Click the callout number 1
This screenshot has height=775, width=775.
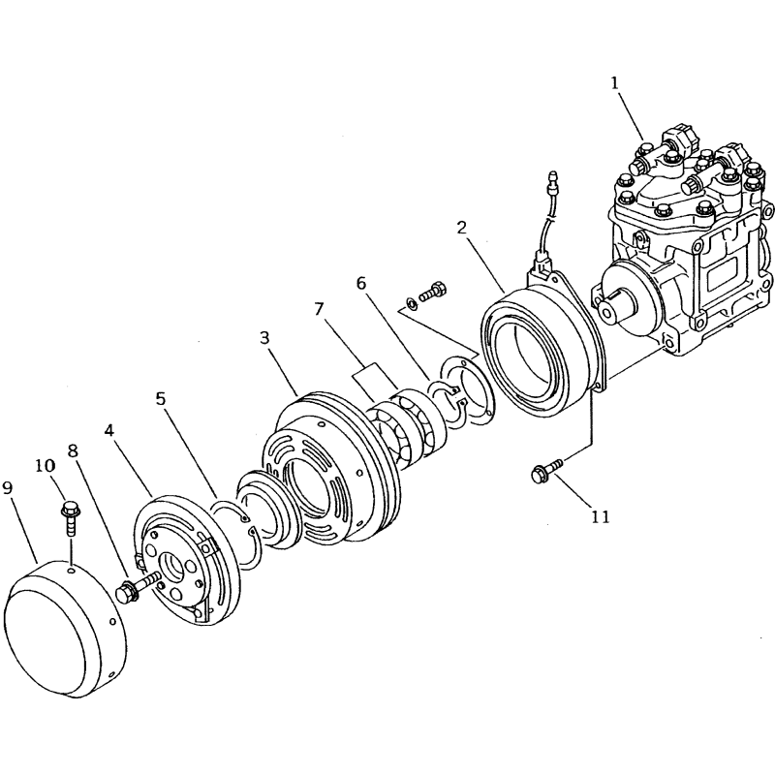tap(614, 83)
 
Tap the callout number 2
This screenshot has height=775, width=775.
tap(462, 229)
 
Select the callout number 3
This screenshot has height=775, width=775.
tap(264, 338)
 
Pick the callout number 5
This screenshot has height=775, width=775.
tap(161, 399)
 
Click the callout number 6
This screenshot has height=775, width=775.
tap(361, 284)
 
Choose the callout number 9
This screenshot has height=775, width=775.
tap(9, 489)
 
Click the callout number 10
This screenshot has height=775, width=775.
tap(46, 466)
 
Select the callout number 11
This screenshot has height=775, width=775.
tap(600, 516)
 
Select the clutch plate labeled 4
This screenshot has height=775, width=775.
tap(189, 562)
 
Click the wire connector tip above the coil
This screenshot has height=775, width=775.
tap(553, 180)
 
